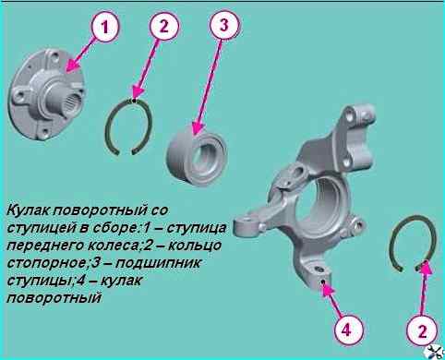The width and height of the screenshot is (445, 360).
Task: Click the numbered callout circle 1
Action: (x=104, y=28)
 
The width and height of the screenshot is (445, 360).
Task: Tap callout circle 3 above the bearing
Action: (x=224, y=25)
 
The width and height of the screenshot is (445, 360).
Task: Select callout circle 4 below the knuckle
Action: (x=346, y=331)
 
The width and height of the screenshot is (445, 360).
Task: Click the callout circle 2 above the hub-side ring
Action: (x=164, y=26)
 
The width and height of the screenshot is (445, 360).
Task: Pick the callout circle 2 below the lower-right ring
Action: (x=422, y=331)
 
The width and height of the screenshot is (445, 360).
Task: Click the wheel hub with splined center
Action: (x=46, y=95)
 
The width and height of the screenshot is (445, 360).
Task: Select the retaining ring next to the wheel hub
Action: (x=128, y=126)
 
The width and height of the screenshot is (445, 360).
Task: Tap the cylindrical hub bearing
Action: (x=198, y=156)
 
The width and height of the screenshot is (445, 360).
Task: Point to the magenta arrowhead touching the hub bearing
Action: (x=198, y=129)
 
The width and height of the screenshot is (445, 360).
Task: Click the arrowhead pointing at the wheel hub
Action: (x=72, y=66)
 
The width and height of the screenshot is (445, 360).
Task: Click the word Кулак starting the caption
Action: (x=29, y=211)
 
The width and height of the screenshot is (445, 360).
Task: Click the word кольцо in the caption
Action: (x=195, y=246)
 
